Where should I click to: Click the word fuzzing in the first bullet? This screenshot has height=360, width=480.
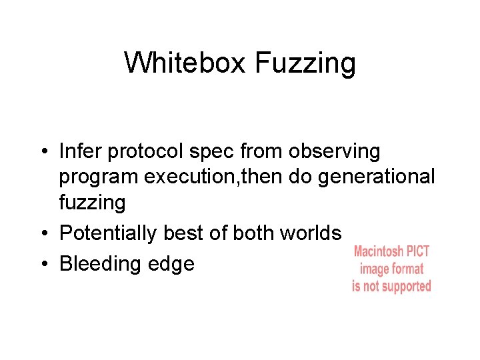92,203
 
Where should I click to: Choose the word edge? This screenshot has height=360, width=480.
173,264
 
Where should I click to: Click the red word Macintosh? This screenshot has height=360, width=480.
379,252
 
